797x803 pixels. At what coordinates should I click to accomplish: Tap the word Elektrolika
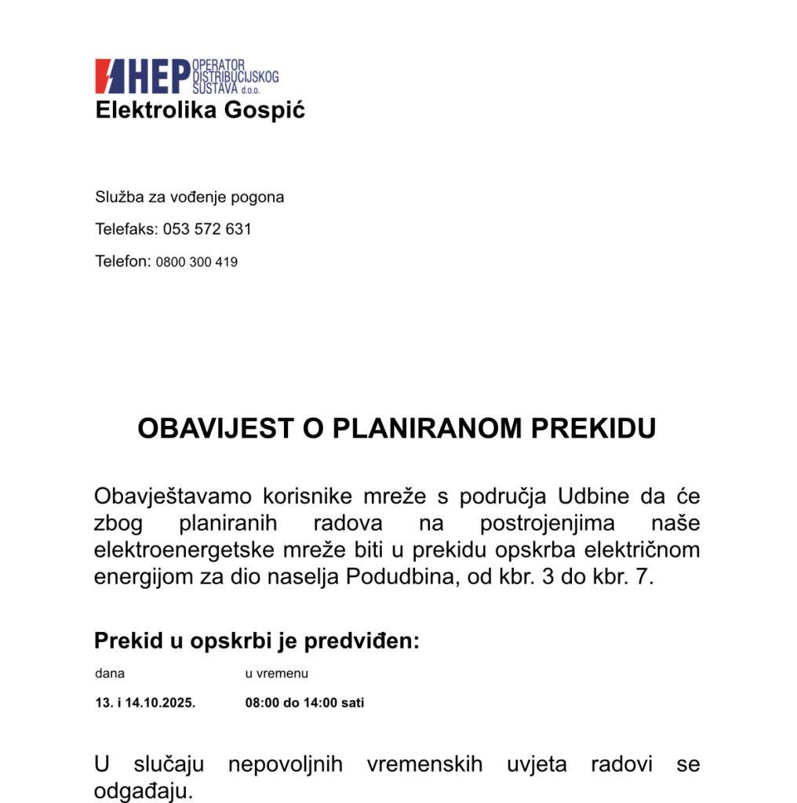click(x=156, y=110)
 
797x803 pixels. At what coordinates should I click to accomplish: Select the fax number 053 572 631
click(x=207, y=229)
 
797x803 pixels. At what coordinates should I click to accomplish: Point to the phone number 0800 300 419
click(x=196, y=262)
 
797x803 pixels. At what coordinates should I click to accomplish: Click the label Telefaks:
click(x=126, y=229)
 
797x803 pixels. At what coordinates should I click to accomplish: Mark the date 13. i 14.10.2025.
click(x=145, y=703)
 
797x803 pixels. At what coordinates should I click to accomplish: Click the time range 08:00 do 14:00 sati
click(x=304, y=703)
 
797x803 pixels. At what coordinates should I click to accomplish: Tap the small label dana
click(x=110, y=674)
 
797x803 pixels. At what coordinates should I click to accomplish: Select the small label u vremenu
click(x=276, y=674)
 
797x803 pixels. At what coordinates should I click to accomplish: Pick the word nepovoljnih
click(x=285, y=764)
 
